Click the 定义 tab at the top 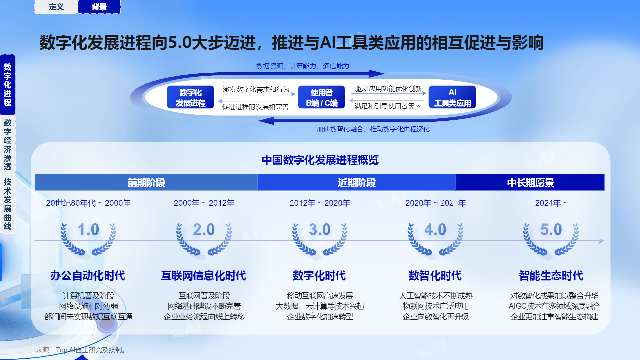click(x=56, y=7)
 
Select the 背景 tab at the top click(x=99, y=7)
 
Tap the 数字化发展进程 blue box click(x=191, y=97)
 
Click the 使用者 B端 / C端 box click(x=322, y=97)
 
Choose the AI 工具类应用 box click(x=452, y=97)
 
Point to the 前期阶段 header click(x=146, y=182)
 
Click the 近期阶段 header click(x=357, y=182)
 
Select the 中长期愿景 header click(x=530, y=182)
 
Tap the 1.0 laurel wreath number click(x=88, y=229)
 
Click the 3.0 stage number click(x=320, y=229)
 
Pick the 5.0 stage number click(x=551, y=229)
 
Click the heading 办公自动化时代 click(x=88, y=276)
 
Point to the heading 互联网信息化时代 click(x=204, y=276)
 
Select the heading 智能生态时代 click(x=551, y=276)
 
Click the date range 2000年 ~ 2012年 click(x=204, y=203)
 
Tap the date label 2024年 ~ click(x=551, y=203)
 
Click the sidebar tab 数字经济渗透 click(x=8, y=145)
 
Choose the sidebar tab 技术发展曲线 click(x=8, y=204)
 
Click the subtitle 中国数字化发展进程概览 click(x=320, y=160)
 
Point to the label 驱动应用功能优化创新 click(x=389, y=89)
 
